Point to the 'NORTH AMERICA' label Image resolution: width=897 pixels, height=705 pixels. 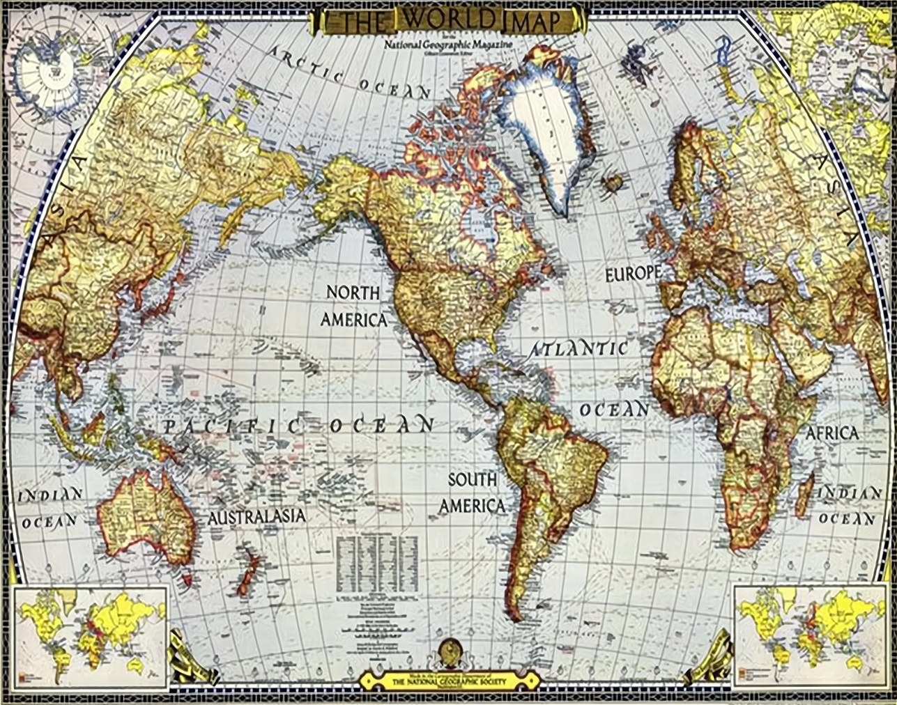point(353,306)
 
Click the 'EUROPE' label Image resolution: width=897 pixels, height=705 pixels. point(632,274)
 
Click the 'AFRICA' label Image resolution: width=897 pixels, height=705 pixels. point(832,433)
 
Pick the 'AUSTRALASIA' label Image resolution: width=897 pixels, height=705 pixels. point(256,516)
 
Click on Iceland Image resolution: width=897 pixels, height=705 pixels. point(613,183)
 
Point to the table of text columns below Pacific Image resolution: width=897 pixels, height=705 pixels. point(377,564)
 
